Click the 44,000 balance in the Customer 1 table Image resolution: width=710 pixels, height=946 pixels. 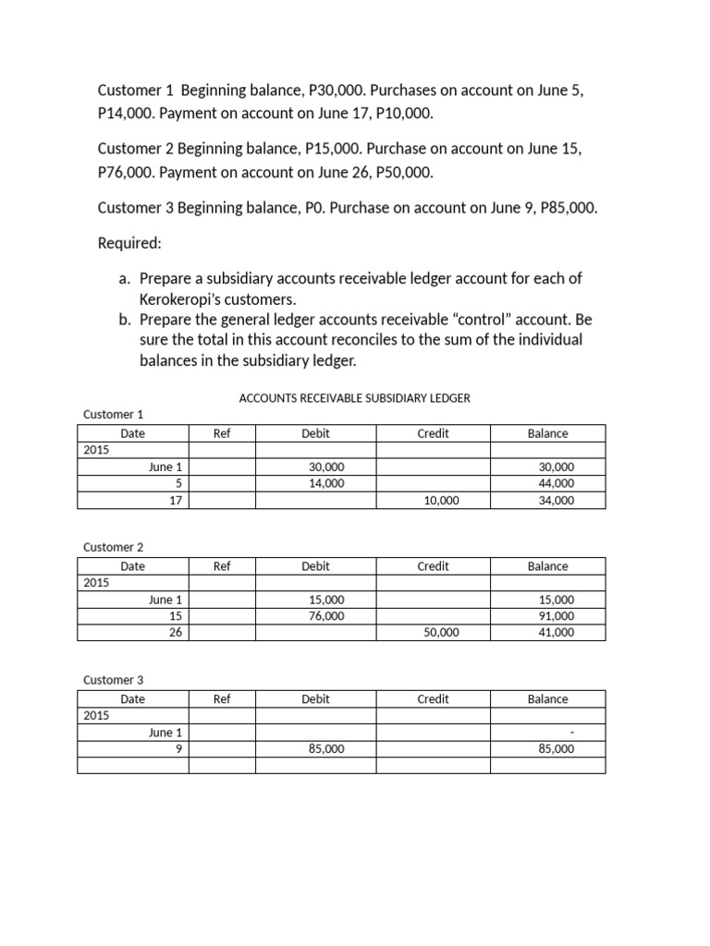click(x=556, y=483)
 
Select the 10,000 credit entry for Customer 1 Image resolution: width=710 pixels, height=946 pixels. click(x=441, y=501)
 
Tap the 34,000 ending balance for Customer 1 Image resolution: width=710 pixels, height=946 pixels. click(x=556, y=501)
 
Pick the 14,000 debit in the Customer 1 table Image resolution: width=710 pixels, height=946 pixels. click(x=326, y=483)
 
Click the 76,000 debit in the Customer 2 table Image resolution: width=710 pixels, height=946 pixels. click(x=326, y=616)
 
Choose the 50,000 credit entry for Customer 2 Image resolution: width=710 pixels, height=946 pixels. click(x=441, y=634)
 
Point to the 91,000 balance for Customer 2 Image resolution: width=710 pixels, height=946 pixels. click(x=556, y=616)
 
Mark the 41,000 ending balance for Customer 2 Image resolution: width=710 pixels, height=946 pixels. click(x=556, y=634)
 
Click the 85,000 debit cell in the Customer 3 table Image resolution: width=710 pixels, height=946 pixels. click(x=326, y=749)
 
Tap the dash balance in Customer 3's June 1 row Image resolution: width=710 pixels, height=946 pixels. click(x=572, y=733)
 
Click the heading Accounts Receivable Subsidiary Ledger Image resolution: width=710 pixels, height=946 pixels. click(x=355, y=398)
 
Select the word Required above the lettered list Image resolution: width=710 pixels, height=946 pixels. click(x=129, y=243)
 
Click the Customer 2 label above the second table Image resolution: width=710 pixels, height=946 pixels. click(x=114, y=548)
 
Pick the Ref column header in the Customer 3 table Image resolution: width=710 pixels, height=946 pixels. click(x=222, y=699)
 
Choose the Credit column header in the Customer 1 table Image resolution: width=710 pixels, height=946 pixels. click(x=433, y=433)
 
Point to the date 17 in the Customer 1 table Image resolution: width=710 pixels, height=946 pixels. click(x=176, y=501)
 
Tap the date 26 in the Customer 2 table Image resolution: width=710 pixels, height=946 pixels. click(x=176, y=634)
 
